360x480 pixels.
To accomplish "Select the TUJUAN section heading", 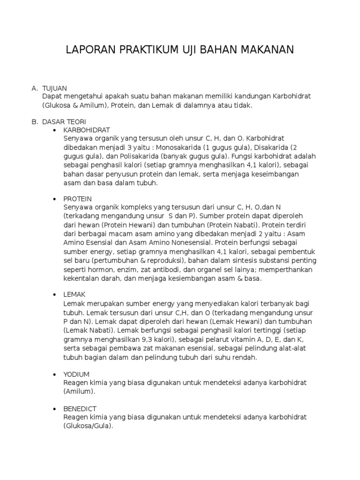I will pos(55,88).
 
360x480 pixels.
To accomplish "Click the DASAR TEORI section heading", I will pos(64,121).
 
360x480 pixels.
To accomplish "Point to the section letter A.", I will pos(34,88).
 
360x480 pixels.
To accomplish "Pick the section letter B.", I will pos(34,121).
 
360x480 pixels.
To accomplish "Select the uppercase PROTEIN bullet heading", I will pos(77,199).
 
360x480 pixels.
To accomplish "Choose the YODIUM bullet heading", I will pos(76,375).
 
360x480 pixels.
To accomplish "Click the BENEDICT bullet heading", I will pos(80,409).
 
